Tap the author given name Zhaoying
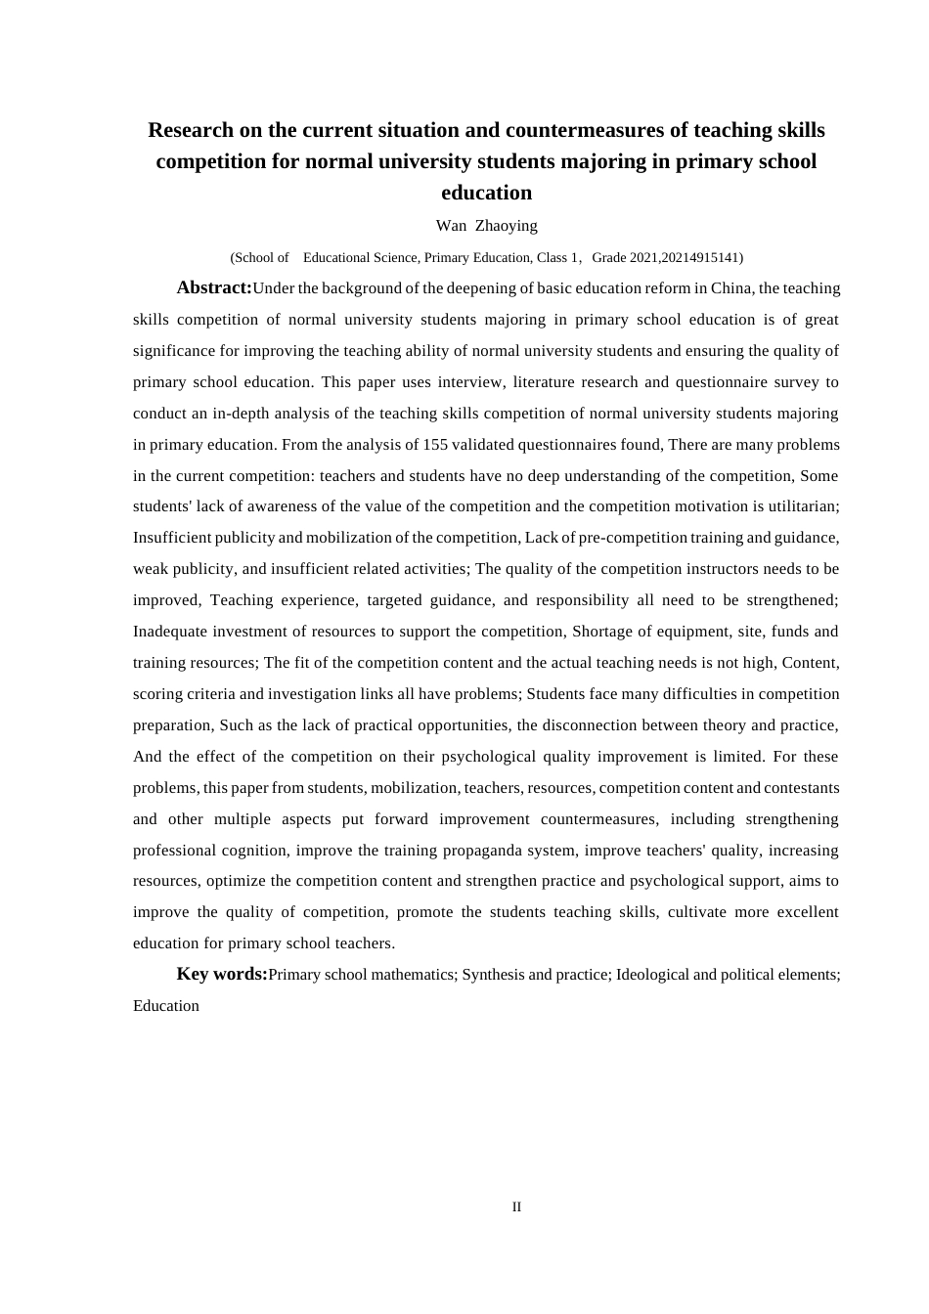click(x=507, y=226)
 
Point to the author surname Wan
click(x=451, y=226)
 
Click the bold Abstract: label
click(x=214, y=287)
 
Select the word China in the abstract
click(x=732, y=288)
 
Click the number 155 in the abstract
click(x=435, y=445)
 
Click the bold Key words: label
click(x=222, y=974)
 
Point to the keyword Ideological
click(x=652, y=975)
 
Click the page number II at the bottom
click(x=516, y=1207)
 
